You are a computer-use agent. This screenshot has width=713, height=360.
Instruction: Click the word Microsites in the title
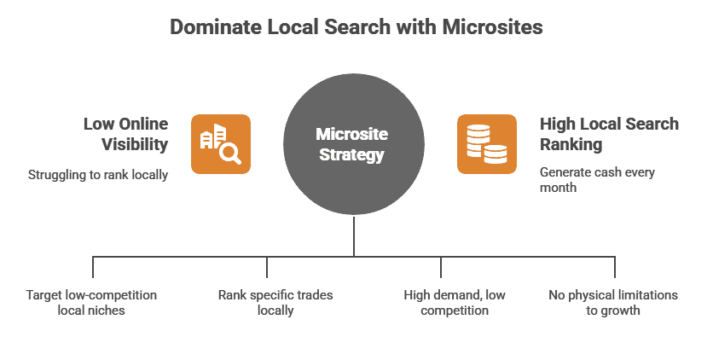493,26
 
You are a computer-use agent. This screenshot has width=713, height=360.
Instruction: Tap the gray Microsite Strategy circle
351,145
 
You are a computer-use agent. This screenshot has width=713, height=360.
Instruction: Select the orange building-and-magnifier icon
220,143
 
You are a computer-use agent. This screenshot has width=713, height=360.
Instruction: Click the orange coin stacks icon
485,143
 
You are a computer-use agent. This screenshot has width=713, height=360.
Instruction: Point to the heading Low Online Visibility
125,134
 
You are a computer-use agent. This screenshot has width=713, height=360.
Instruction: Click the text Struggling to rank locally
98,175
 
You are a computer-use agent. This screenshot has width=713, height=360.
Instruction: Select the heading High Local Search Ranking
609,134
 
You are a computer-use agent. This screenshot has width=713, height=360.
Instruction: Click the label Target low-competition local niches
91,303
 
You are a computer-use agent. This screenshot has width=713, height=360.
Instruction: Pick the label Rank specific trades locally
275,303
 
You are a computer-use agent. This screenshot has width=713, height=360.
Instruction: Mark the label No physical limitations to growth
612,303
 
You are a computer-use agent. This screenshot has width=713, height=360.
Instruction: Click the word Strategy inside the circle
351,155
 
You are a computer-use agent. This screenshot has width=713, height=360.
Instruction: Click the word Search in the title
357,26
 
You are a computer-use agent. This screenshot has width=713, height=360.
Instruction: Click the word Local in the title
289,26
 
